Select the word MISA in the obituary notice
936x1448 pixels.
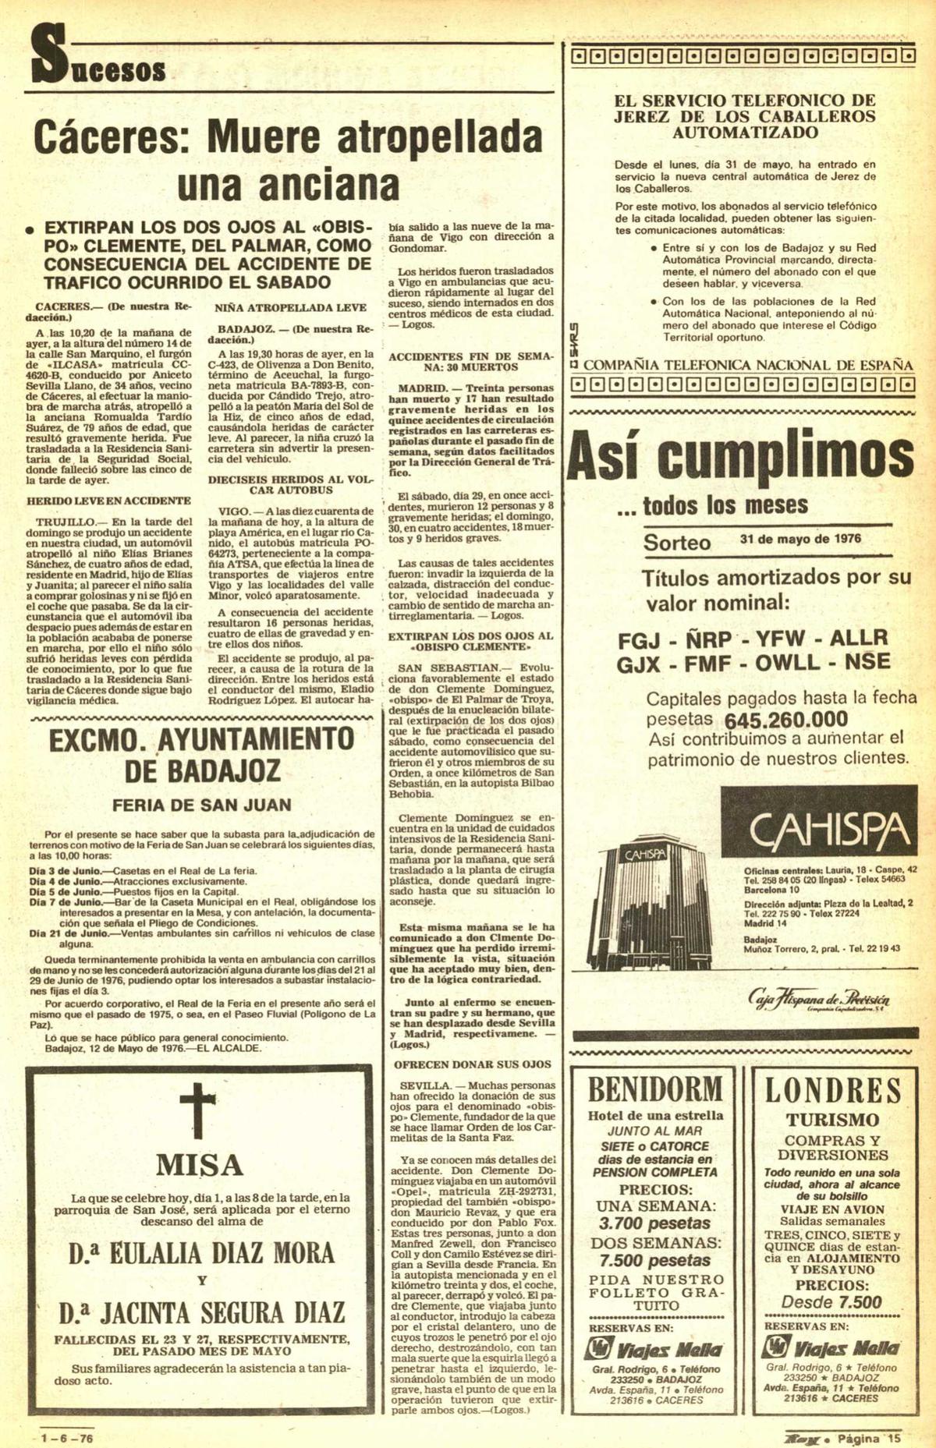pos(200,1165)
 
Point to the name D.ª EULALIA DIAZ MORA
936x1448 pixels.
pos(201,1254)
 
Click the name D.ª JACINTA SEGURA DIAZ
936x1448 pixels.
pos(201,1312)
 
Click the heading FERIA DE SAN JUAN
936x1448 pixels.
pos(201,805)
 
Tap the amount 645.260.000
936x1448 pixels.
pos(785,719)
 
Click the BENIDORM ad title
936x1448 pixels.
pos(655,1089)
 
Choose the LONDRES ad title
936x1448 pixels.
pos(832,1090)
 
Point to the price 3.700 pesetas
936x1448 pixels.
pos(654,1223)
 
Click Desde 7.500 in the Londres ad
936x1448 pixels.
pos(831,1302)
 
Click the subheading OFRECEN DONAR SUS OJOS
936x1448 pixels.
pos(473,1064)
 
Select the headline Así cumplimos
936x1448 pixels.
pos(740,458)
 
